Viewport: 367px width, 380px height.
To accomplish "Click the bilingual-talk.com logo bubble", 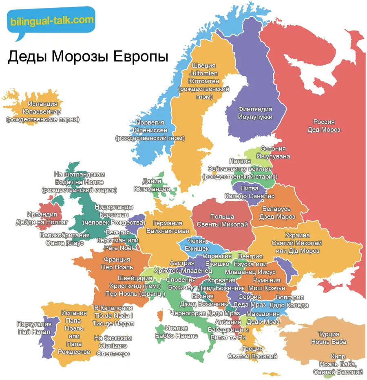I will [51, 20].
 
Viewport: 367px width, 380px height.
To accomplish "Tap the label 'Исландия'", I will [43, 104].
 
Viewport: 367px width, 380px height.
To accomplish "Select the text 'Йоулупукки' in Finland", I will [255, 117].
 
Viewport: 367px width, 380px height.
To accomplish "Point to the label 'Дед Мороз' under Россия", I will [324, 129].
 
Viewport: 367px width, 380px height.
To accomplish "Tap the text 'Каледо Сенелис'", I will [250, 196].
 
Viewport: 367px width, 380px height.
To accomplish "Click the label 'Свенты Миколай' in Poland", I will [222, 224].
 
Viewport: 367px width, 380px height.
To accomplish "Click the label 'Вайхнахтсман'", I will [167, 231].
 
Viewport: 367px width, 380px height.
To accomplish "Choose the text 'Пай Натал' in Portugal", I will [34, 332].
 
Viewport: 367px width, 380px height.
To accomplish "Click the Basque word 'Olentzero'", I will [113, 346].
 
